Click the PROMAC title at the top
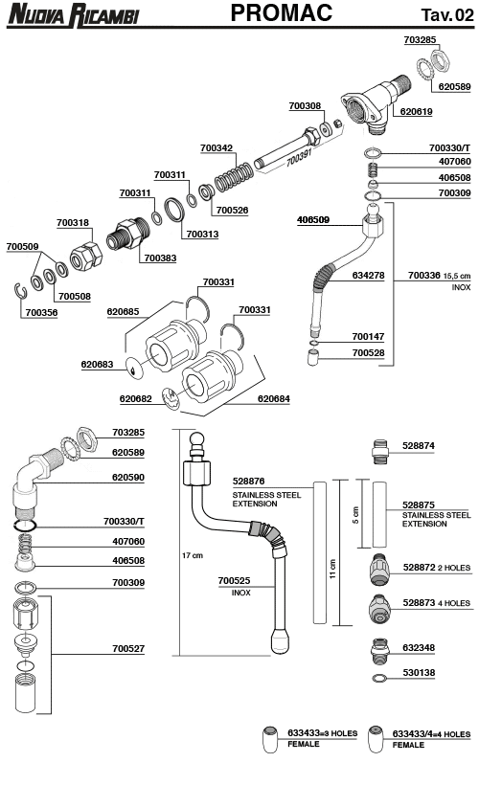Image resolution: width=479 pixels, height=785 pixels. coord(282,13)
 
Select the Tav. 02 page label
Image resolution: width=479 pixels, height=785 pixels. coord(446,14)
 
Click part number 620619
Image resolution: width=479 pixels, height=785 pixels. coord(417,112)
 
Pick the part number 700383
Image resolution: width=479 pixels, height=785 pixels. coord(160,258)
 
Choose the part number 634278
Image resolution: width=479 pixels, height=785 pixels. coord(368,276)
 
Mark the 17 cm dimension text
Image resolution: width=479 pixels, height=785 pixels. coord(192,556)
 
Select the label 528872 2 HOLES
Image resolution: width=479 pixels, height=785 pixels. coord(437,568)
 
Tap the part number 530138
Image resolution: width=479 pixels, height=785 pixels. coord(419,673)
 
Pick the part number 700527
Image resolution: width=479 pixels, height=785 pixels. coord(127,648)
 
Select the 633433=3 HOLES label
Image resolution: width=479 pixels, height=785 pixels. coord(323,733)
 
